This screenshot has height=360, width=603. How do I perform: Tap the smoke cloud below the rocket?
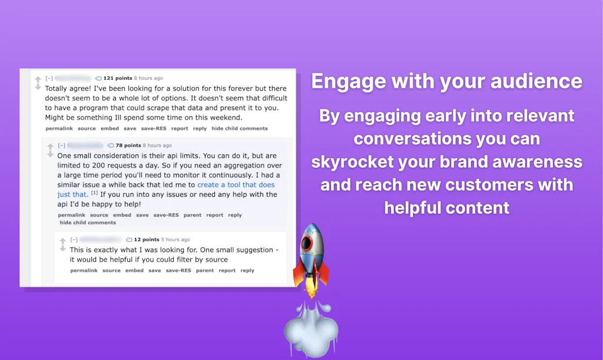click(x=310, y=331)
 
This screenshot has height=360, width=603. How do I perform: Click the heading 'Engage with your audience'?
click(x=446, y=81)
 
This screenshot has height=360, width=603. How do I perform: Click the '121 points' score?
click(x=117, y=78)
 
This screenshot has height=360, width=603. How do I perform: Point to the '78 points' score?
click(x=128, y=146)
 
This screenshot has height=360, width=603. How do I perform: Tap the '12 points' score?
click(x=147, y=240)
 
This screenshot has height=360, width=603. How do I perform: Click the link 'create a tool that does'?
click(x=236, y=185)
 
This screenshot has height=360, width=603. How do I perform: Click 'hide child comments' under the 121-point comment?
click(x=240, y=128)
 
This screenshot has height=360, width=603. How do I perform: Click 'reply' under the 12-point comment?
click(x=247, y=270)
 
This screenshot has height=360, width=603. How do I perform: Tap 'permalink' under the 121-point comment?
click(x=59, y=128)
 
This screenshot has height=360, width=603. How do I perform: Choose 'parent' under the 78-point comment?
click(x=192, y=215)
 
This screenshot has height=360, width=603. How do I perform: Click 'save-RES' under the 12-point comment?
click(x=178, y=270)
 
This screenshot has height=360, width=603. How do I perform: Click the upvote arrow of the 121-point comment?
click(x=38, y=79)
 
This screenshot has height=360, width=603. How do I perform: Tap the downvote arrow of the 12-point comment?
click(x=63, y=249)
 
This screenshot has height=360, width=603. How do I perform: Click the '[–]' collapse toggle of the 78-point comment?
click(x=61, y=146)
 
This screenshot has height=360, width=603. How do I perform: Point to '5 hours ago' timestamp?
click(x=175, y=240)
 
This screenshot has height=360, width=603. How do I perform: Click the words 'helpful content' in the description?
click(x=446, y=207)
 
